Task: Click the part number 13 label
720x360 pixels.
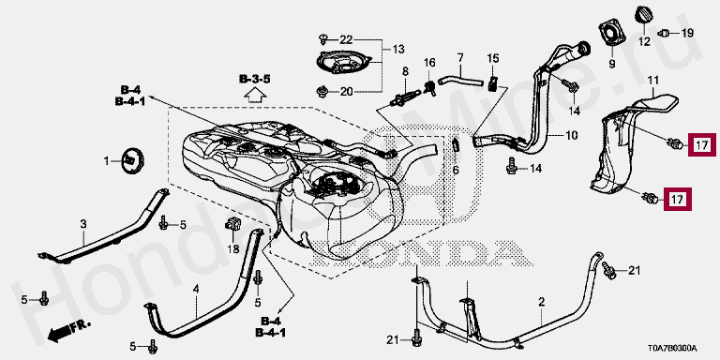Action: pos(398,49)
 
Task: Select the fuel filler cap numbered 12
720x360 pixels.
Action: pos(643,14)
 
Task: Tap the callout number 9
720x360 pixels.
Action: pos(611,65)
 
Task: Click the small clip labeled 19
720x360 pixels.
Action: pos(664,33)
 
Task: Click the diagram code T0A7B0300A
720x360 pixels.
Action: pos(672,348)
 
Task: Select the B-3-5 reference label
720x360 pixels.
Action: pos(254,80)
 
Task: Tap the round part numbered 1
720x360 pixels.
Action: pos(132,160)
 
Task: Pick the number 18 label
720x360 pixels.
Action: pos(233,248)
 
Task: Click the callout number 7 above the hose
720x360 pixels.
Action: pos(460,58)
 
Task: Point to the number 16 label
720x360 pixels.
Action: pos(428,62)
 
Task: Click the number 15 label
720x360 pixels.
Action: pos(493,58)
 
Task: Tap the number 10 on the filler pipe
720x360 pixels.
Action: pos(572,135)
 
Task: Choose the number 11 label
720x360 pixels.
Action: pos(652,82)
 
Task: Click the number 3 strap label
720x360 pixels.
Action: pos(83,224)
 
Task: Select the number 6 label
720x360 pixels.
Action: pos(456,170)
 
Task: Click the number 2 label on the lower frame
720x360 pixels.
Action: pos(542,302)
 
